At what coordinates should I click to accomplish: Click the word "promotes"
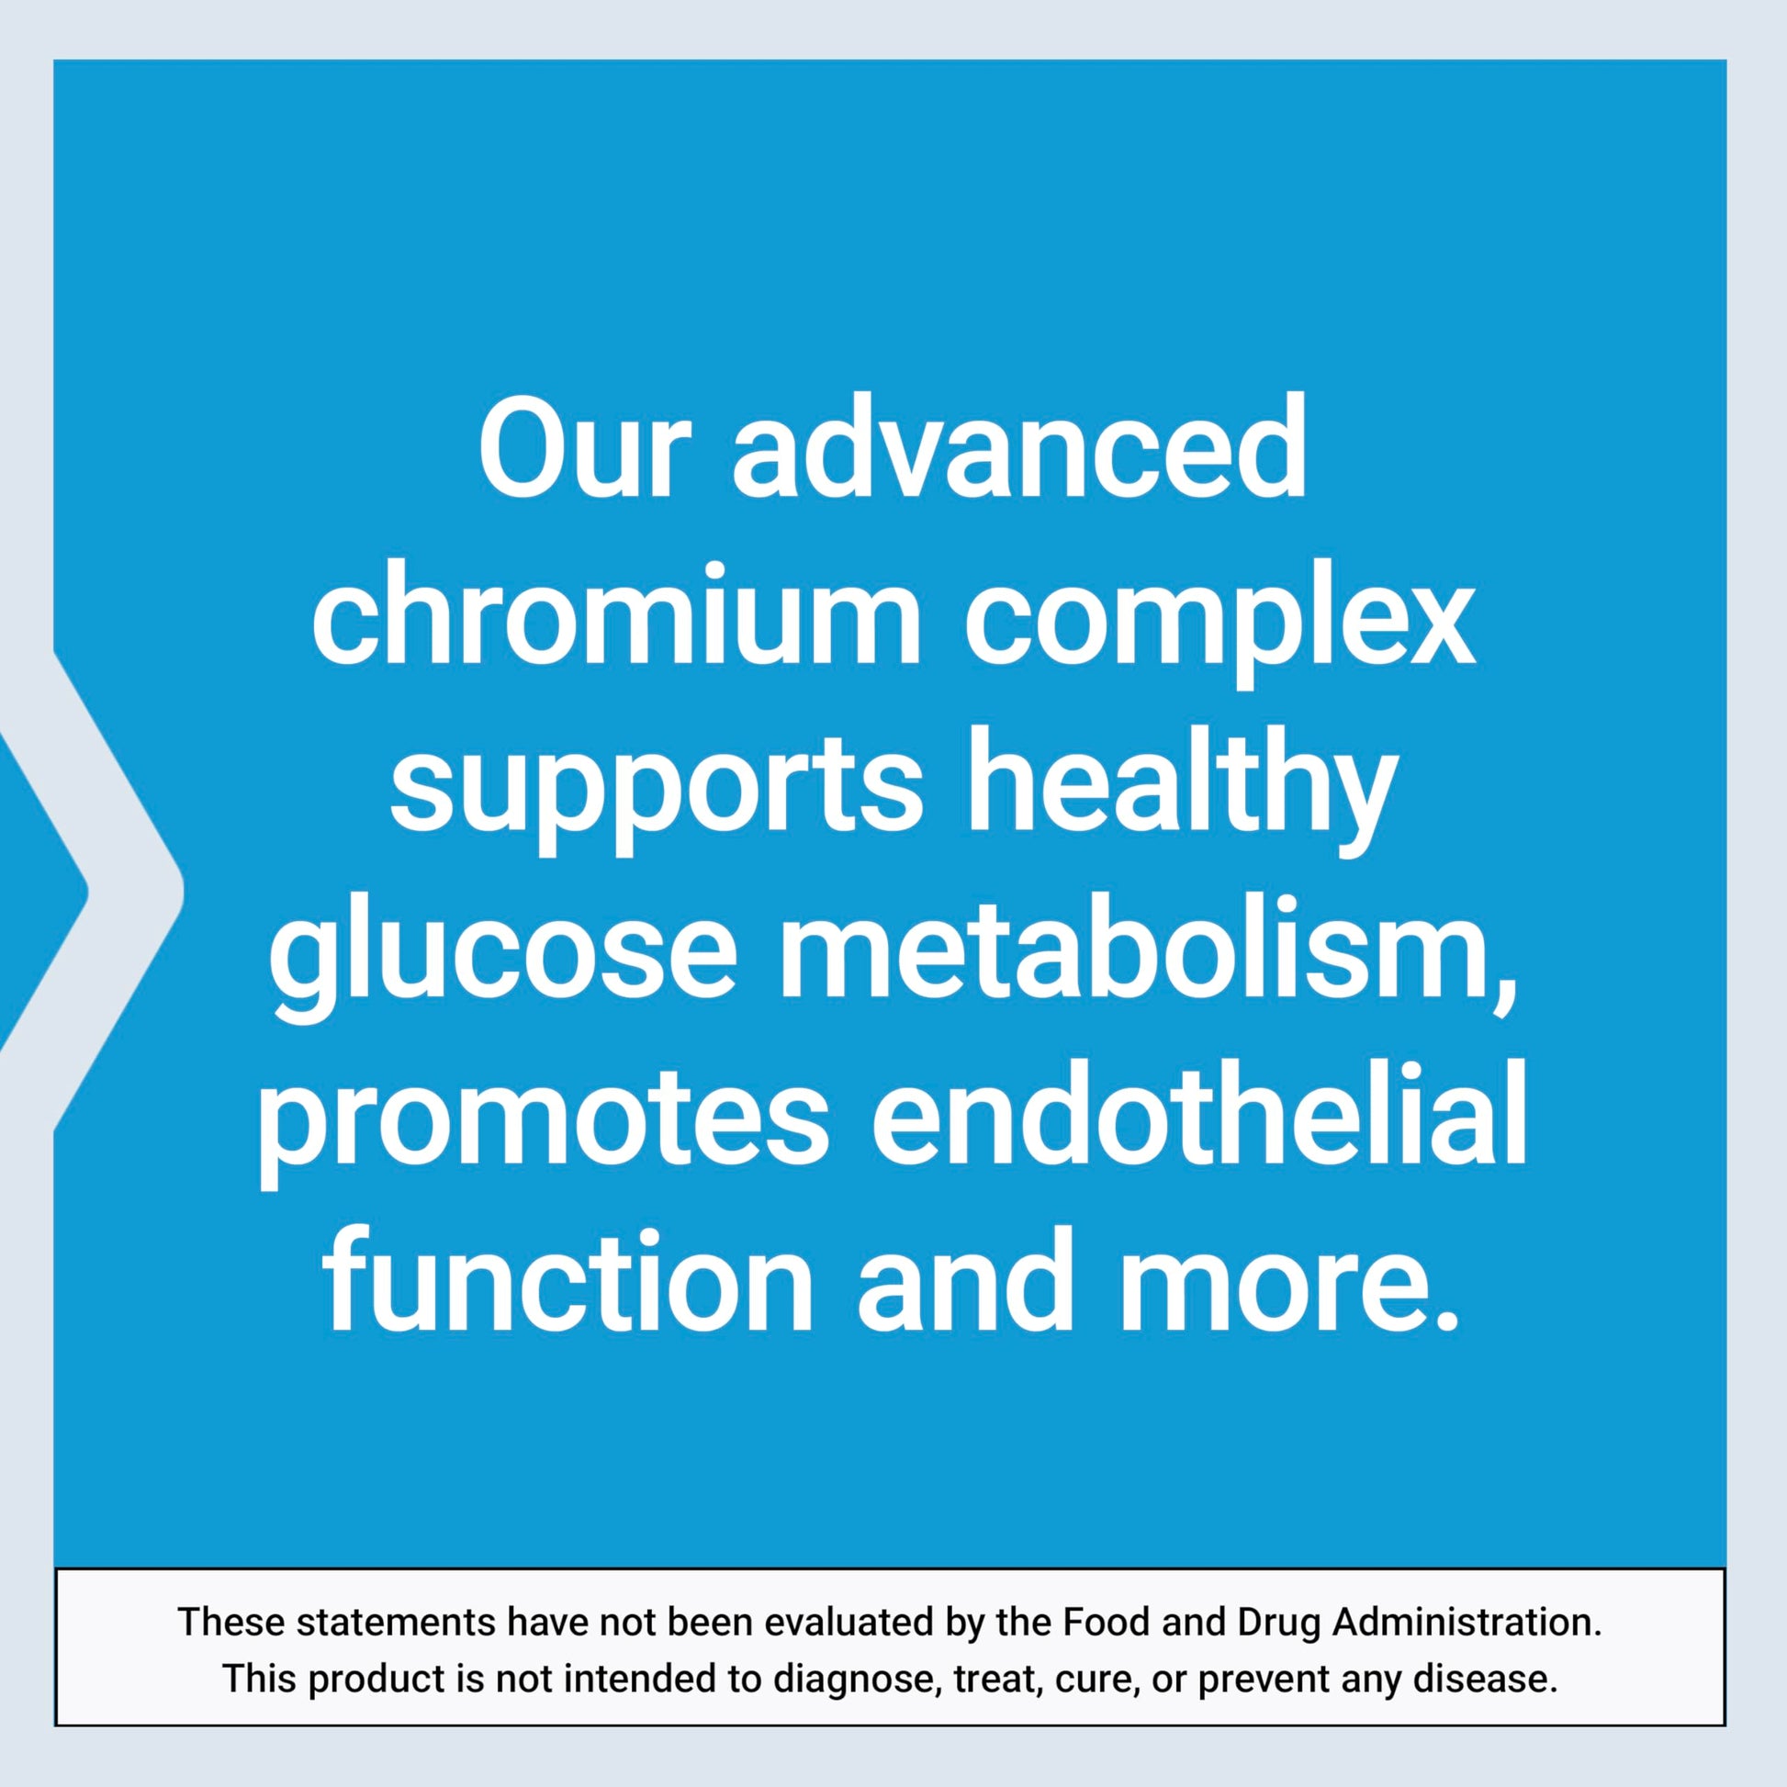[542, 1114]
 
